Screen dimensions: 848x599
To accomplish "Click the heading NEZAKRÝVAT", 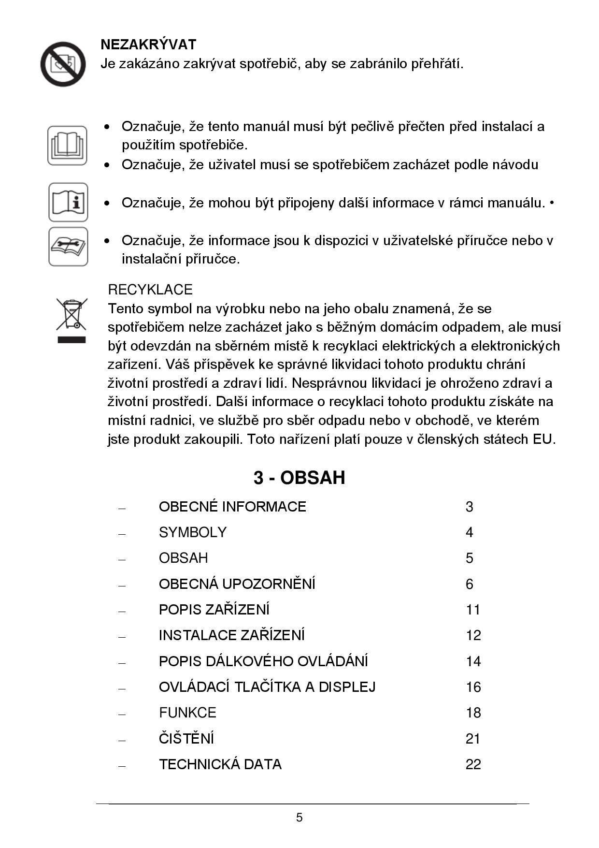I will [x=148, y=44].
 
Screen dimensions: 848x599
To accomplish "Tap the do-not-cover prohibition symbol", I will [x=63, y=64].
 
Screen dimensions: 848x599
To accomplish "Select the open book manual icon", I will [x=67, y=145].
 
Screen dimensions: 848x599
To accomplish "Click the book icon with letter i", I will [x=68, y=202].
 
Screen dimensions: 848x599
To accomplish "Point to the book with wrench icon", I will [x=68, y=247].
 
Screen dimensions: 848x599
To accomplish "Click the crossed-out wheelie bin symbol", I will [x=71, y=320].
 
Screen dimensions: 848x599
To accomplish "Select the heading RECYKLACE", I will [x=150, y=290].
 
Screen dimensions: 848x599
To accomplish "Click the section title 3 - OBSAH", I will [x=299, y=478].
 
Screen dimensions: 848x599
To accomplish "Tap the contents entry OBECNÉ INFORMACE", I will [x=232, y=507].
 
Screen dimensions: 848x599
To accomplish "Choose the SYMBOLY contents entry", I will [x=192, y=532].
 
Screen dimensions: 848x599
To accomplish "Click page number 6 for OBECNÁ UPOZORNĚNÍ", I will [x=469, y=584].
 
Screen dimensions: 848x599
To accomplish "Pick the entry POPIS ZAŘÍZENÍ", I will [x=214, y=610].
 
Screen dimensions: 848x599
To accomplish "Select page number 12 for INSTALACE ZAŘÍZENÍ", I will [x=473, y=635].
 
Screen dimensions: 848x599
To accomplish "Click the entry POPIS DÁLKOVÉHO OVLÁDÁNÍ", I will [x=263, y=661].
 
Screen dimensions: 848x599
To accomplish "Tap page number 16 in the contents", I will [x=473, y=687].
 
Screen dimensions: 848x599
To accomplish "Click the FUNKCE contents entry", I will [x=187, y=713].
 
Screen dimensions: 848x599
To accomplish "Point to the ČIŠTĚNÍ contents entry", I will [x=186, y=738].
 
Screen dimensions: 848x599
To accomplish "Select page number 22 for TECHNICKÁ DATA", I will [x=473, y=764].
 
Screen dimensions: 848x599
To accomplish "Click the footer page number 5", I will [x=299, y=818].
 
